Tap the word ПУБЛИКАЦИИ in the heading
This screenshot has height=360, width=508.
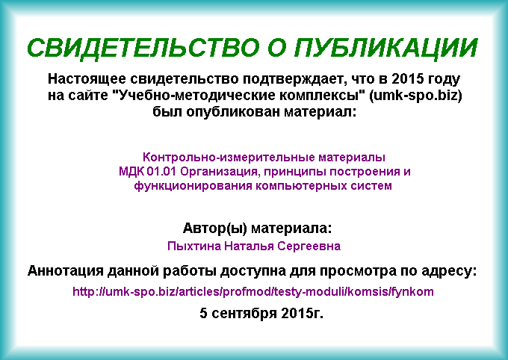(x=386, y=49)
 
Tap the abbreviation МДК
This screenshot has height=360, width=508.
(x=131, y=172)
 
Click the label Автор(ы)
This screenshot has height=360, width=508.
(x=215, y=229)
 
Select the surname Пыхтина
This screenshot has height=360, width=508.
(x=194, y=246)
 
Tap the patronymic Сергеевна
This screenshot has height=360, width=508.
(x=309, y=246)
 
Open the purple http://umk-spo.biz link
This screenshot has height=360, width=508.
(x=253, y=292)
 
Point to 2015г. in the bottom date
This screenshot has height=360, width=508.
(x=303, y=313)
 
